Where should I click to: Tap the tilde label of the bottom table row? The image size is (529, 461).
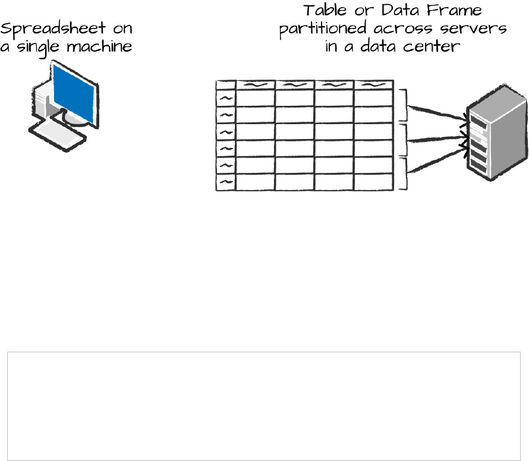click(x=226, y=182)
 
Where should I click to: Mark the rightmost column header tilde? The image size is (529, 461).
click(x=373, y=85)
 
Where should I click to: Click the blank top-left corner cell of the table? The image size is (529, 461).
click(x=226, y=84)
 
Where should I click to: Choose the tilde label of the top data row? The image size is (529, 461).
click(x=226, y=98)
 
